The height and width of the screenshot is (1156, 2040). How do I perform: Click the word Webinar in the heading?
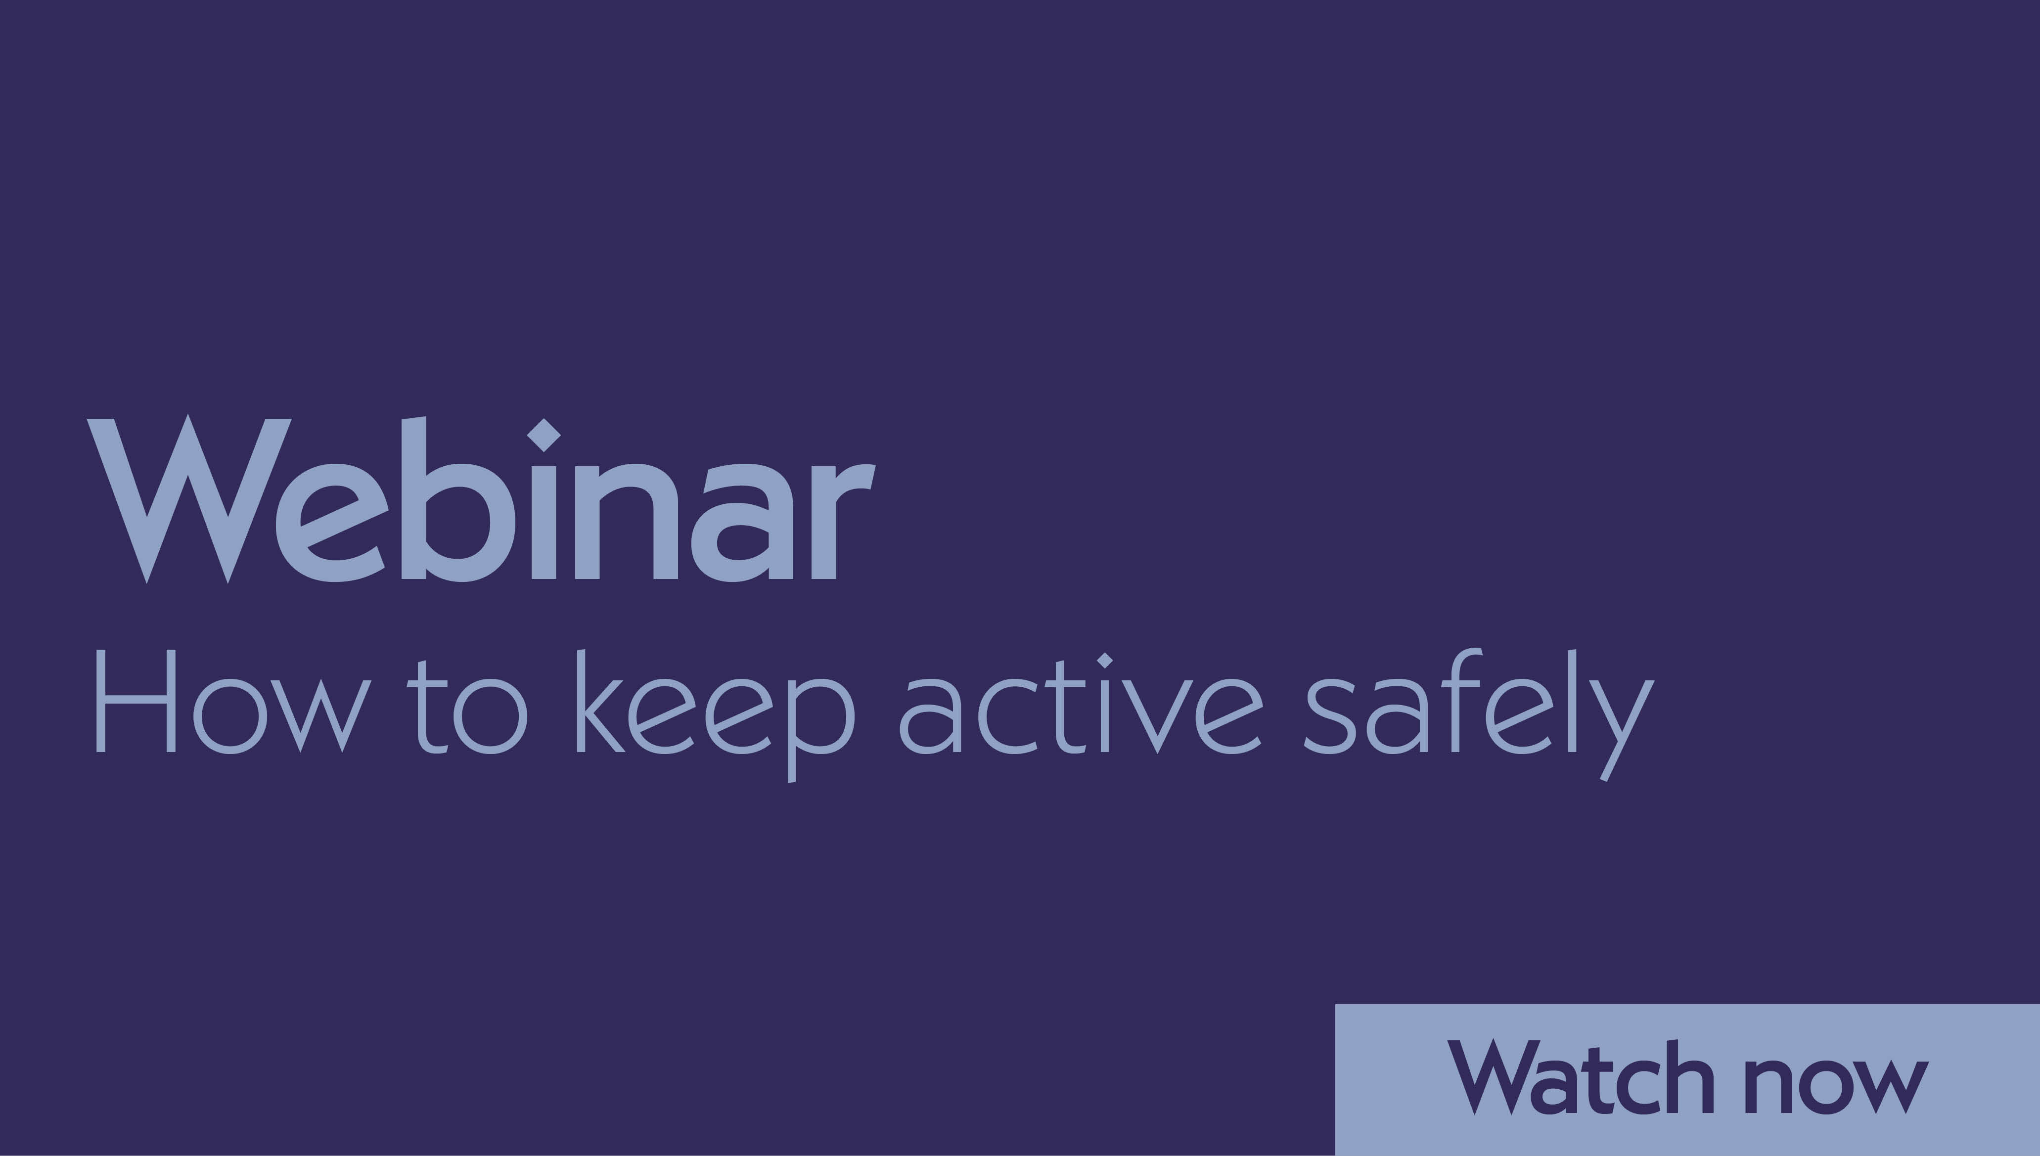tap(480, 500)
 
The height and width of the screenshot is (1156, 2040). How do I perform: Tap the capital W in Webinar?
tap(188, 500)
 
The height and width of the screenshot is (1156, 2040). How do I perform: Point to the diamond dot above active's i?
tap(1105, 660)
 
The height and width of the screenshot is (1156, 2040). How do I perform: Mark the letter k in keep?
tap(599, 702)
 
